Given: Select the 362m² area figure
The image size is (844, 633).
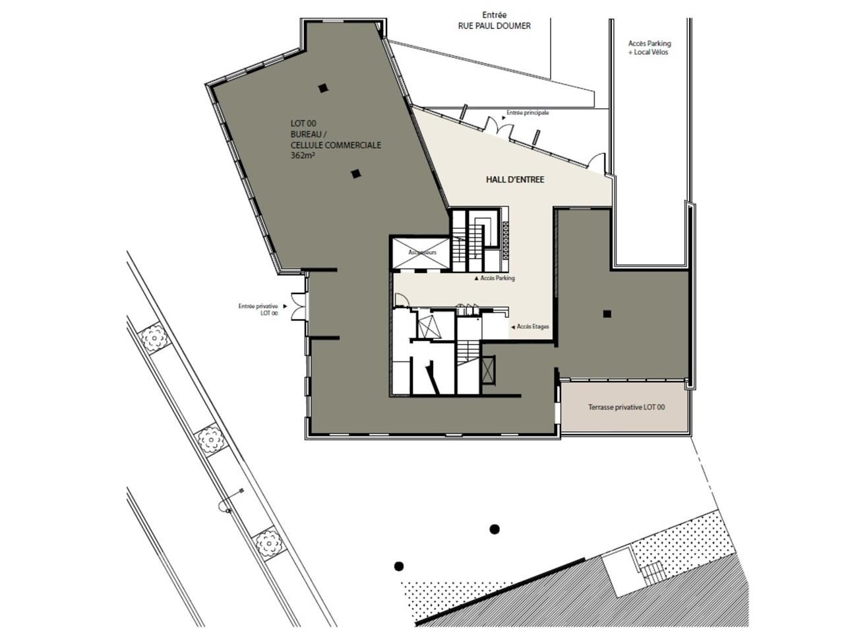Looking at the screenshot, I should tap(303, 156).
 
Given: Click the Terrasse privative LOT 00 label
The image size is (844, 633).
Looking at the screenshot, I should tap(626, 407).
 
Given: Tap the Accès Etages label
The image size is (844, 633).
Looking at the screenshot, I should tap(533, 326).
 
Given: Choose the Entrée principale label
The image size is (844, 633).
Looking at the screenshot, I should tap(527, 113).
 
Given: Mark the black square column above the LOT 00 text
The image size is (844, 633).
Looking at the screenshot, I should tap(322, 88).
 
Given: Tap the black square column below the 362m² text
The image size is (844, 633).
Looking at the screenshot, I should tap(355, 174).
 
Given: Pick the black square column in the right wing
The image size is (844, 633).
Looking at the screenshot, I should tap(606, 314).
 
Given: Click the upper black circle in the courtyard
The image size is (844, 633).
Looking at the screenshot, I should tap(494, 529).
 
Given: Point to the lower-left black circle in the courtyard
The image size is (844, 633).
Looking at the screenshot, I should tap(398, 566).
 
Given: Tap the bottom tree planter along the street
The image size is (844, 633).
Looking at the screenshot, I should tap(267, 541).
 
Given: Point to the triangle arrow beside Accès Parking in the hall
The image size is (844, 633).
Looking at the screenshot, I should tap(476, 279).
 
